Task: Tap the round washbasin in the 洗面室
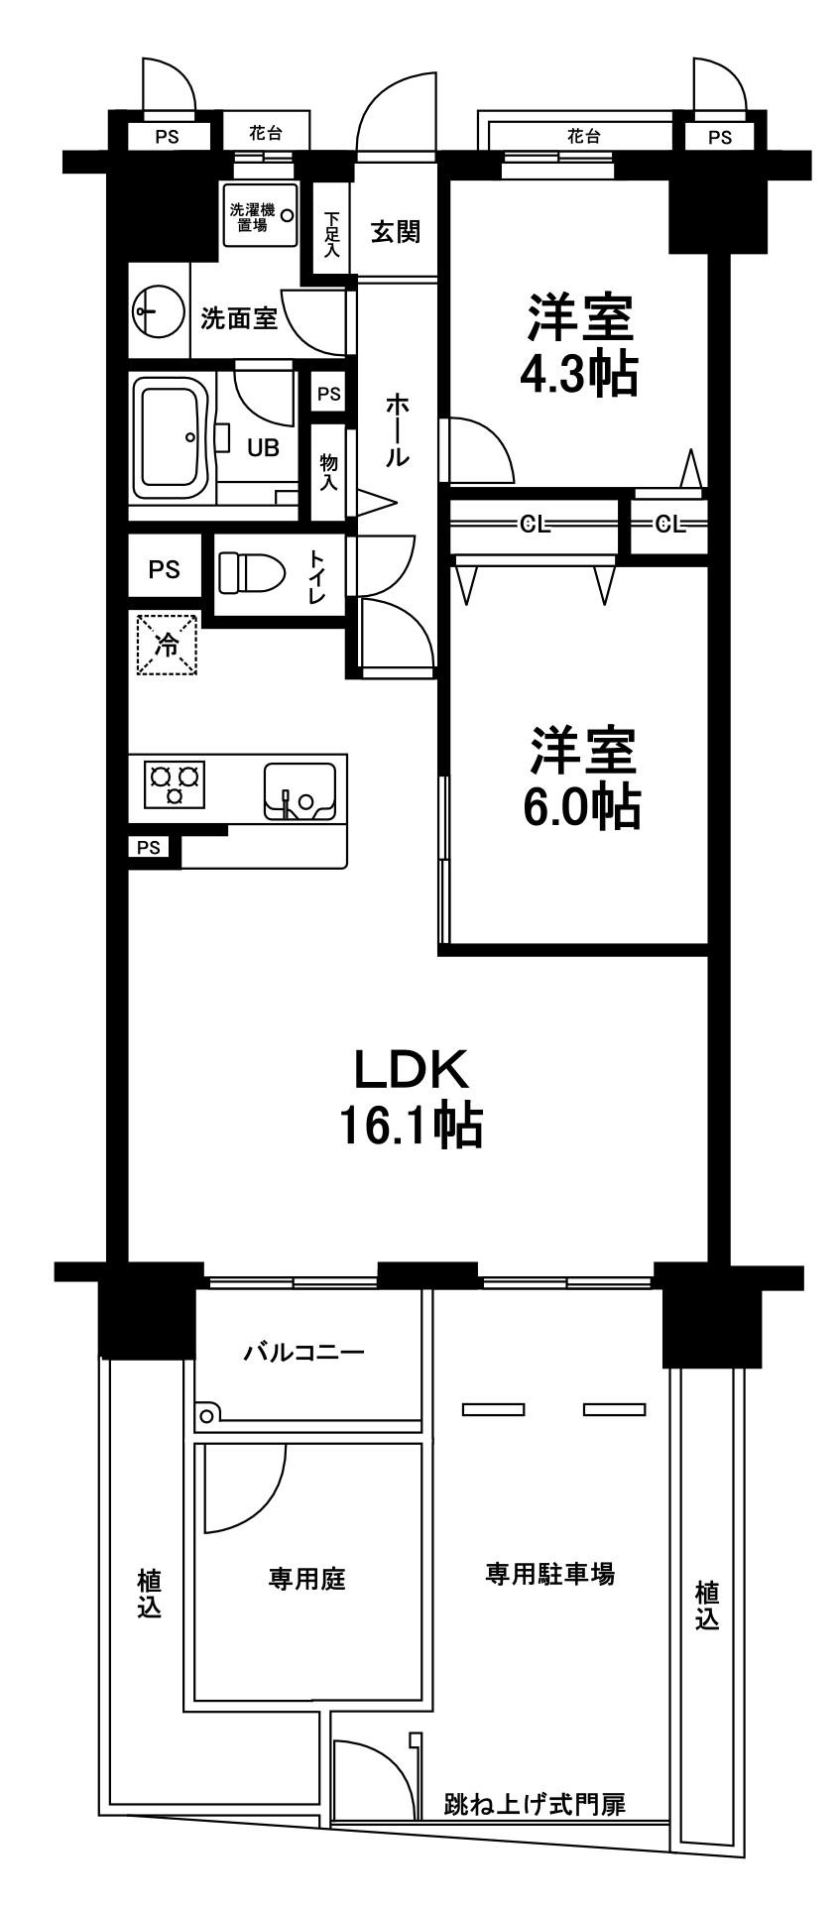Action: [x=158, y=313]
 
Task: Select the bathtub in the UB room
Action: [x=172, y=440]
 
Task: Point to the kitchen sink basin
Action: [x=300, y=790]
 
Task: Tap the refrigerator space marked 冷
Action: [x=167, y=646]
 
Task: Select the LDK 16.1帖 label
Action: [x=410, y=1097]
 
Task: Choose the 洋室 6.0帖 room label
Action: [x=581, y=777]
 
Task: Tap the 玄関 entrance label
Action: [x=395, y=232]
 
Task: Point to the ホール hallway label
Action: [x=396, y=429]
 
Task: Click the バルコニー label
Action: [x=305, y=1352]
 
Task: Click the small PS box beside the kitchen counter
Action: [x=149, y=847]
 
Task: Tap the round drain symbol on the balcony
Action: [x=207, y=1415]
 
